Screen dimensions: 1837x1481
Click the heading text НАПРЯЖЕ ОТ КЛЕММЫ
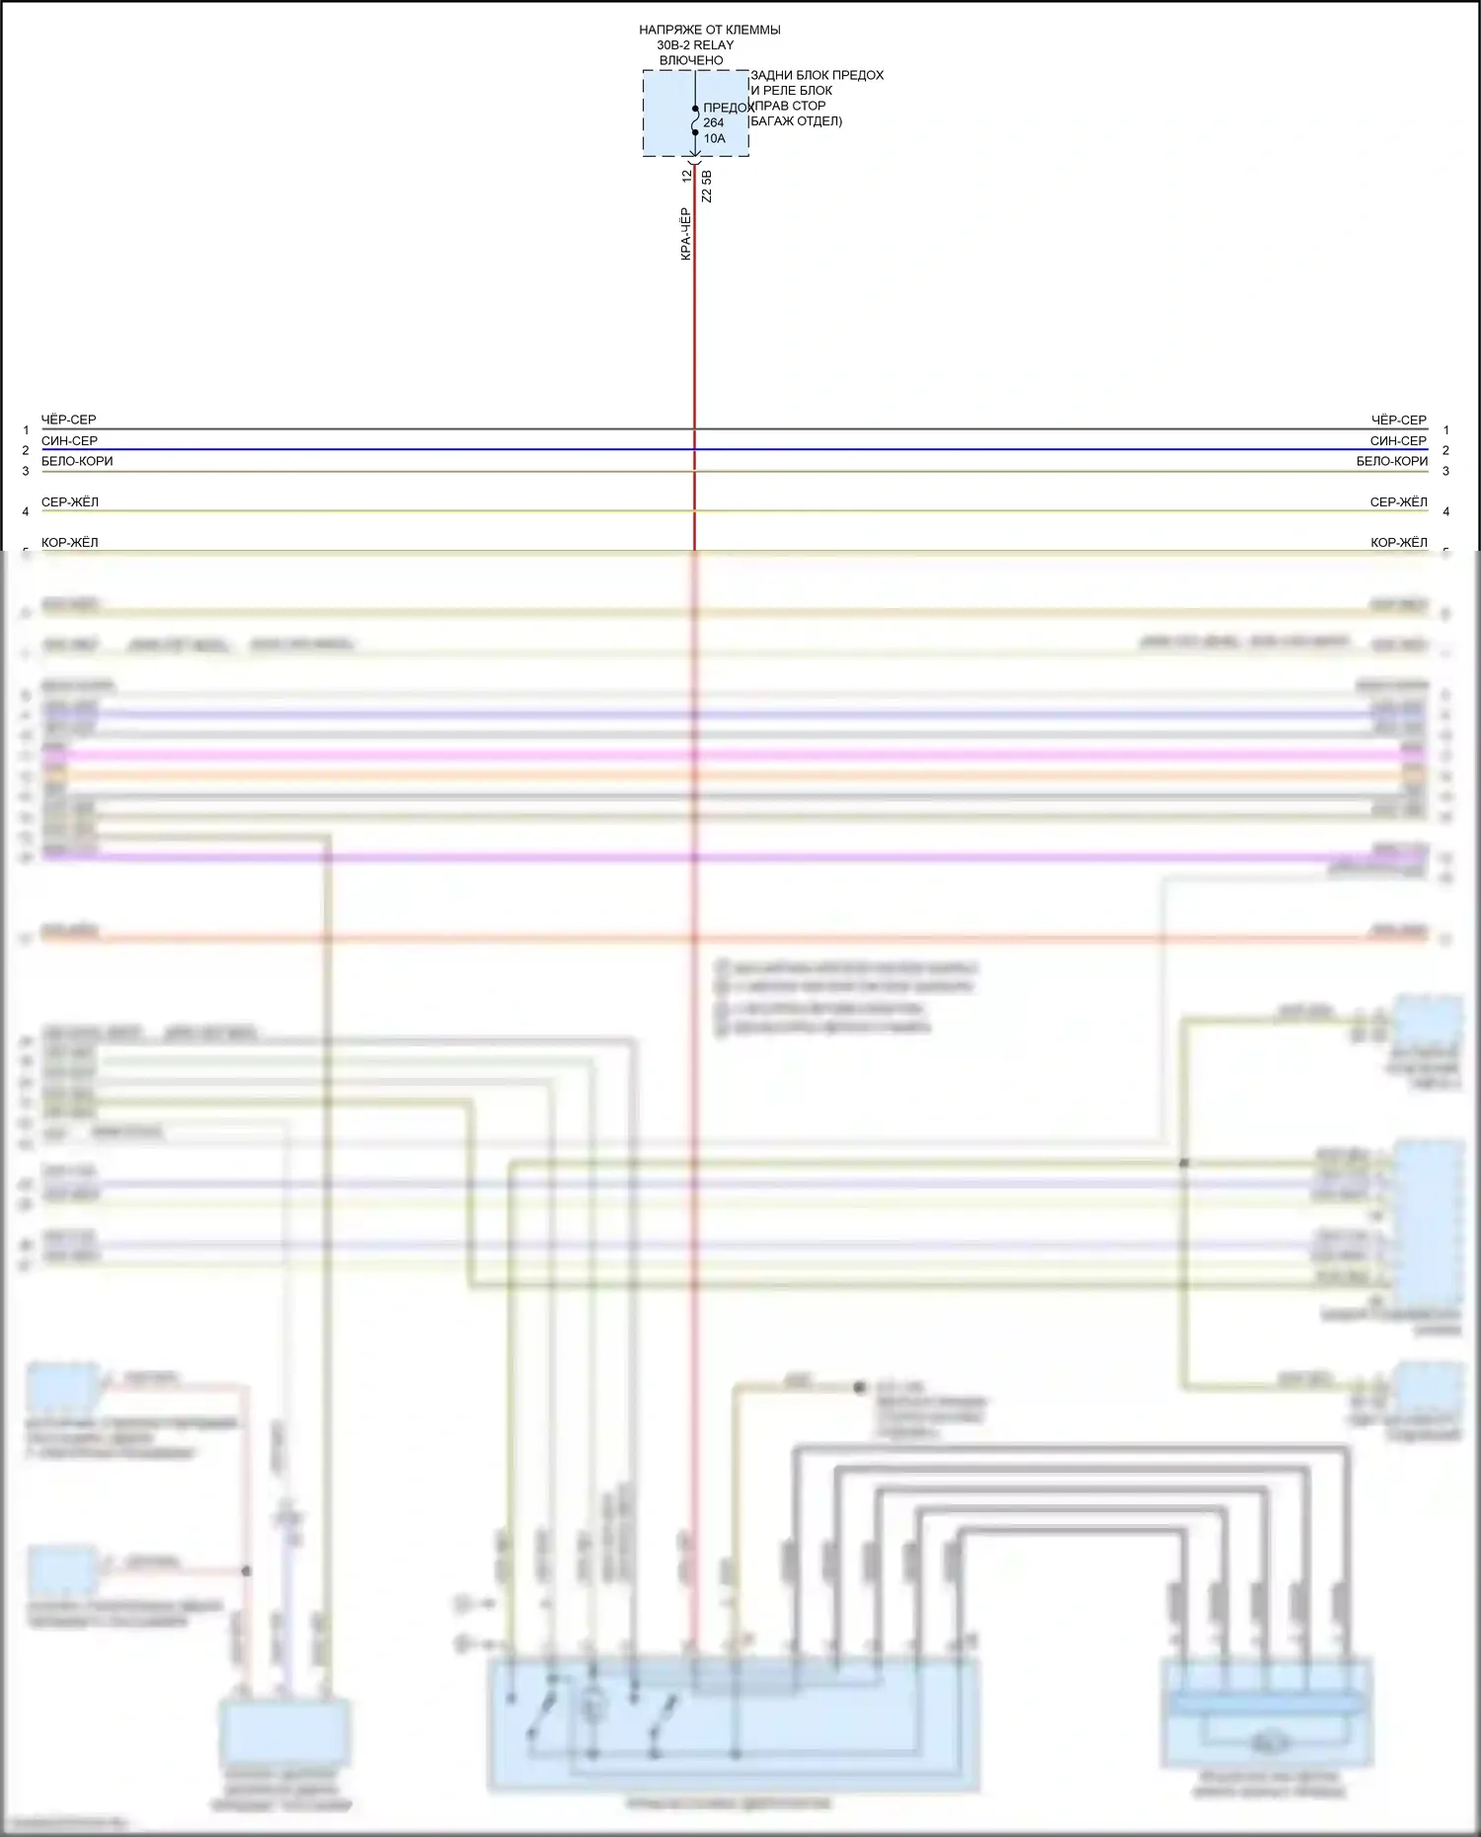point(709,30)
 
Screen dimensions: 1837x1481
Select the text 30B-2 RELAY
point(695,45)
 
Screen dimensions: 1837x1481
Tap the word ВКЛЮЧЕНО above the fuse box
point(691,60)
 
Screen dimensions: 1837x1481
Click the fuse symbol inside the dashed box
point(695,120)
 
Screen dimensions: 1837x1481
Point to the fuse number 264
point(714,123)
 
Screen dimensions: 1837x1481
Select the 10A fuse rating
point(715,139)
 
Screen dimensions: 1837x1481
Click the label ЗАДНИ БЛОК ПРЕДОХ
point(817,75)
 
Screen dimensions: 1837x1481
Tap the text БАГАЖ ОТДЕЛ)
point(796,121)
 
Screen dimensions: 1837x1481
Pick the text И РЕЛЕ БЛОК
point(791,91)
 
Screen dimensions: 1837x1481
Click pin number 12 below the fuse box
point(687,176)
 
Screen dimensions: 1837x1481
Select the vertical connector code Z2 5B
point(706,187)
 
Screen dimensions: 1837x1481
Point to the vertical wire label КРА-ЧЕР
point(686,234)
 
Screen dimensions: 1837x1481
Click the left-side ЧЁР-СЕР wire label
point(69,420)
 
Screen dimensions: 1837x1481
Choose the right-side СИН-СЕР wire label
point(1398,441)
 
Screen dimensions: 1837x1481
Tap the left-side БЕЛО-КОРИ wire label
point(77,461)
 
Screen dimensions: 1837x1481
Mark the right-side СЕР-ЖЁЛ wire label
point(1398,502)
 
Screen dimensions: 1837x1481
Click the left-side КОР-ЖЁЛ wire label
point(70,542)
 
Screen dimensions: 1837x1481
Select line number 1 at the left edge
point(26,430)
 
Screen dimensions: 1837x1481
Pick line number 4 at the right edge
point(1445,511)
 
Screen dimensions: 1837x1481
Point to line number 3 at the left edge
point(26,471)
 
